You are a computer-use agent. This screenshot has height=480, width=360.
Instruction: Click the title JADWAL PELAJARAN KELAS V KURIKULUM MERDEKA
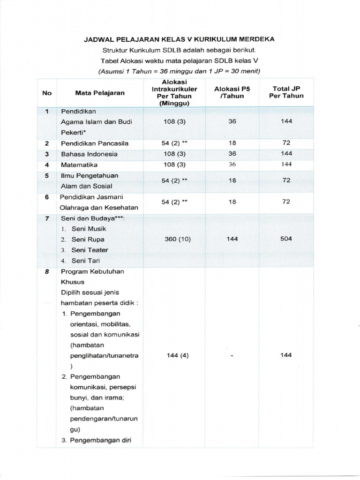179,40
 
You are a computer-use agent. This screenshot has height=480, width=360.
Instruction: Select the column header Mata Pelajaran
100,93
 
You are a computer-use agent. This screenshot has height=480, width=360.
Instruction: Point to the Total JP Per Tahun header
286,92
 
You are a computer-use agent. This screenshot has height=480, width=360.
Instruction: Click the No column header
47,93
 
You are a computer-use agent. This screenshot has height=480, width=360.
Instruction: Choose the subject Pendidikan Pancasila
94,143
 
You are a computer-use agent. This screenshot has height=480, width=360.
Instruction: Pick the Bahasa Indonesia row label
89,154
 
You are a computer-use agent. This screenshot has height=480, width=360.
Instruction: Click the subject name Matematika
79,165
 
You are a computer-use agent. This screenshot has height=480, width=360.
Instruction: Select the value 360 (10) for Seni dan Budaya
178,239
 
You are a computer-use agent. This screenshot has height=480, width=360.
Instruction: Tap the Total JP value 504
286,239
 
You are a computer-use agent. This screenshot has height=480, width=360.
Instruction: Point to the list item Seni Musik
89,229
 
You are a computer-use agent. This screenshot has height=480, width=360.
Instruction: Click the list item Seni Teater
90,250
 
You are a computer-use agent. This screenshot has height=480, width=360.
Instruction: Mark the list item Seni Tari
85,261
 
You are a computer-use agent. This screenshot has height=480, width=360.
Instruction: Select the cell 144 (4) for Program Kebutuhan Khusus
178,355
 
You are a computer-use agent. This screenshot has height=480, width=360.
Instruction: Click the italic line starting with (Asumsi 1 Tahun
179,71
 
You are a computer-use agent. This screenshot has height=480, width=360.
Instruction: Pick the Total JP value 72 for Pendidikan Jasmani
286,202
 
